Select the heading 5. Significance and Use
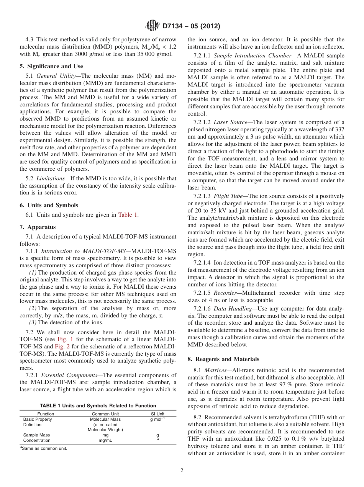(x=51, y=66)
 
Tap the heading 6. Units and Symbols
(x=49, y=205)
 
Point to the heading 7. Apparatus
(x=38, y=227)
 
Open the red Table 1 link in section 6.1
(x=128, y=215)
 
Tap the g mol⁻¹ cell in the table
(x=157, y=419)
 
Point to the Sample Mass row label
(x=36, y=435)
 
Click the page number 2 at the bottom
(x=182, y=471)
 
